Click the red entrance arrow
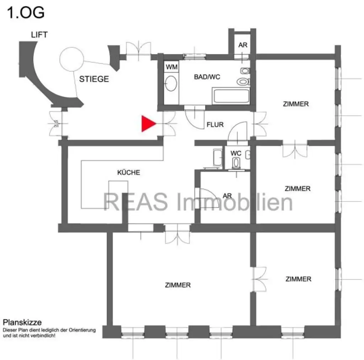(x=148, y=123)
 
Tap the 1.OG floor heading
(x=26, y=12)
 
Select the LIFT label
(x=39, y=35)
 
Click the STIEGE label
(x=94, y=79)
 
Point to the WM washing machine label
(x=171, y=67)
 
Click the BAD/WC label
(x=207, y=76)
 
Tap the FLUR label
(x=215, y=125)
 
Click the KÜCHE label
(x=129, y=173)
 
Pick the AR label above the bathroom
(x=243, y=45)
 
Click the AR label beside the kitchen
(x=227, y=196)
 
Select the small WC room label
(x=236, y=153)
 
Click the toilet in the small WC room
(x=236, y=163)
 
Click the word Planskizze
(x=22, y=323)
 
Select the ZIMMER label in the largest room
(x=178, y=285)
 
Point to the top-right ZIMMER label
(x=296, y=104)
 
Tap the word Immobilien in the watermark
(x=235, y=202)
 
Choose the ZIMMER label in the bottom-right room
(x=298, y=279)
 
